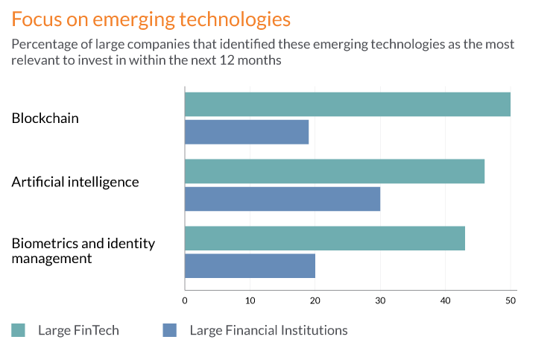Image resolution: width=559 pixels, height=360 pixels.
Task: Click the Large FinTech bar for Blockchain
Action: coord(347,104)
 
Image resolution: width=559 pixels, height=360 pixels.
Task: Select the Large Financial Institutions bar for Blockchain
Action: coord(247,132)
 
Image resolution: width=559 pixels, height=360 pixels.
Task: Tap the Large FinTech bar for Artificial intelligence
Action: coord(335,171)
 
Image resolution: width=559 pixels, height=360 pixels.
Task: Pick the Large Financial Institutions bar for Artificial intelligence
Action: coord(282,199)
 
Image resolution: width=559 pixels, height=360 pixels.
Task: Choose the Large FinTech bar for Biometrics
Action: coord(325,239)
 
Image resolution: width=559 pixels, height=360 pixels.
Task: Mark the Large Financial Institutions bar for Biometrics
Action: coord(250,266)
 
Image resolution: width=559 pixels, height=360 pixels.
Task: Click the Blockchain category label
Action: coord(45,119)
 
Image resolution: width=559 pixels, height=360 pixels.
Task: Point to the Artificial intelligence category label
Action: coord(75,182)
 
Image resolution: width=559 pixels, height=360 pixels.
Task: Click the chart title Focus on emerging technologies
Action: coord(151,18)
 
